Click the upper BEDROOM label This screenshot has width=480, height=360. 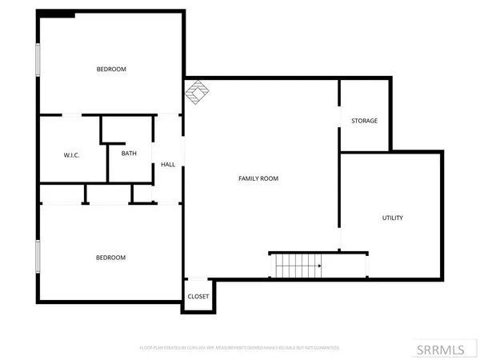[111, 70]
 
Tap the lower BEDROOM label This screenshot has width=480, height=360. [111, 258]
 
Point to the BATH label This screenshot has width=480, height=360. [129, 154]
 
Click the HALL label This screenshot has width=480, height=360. [168, 165]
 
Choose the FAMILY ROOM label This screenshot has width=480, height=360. [258, 178]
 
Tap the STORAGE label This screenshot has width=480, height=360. [364, 121]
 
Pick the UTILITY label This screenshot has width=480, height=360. [392, 218]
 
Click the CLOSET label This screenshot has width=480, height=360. [198, 297]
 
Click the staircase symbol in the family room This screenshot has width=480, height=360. [298, 265]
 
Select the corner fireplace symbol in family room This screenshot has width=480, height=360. [196, 93]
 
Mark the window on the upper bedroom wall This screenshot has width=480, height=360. [37, 62]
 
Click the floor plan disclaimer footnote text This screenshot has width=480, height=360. [240, 348]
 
